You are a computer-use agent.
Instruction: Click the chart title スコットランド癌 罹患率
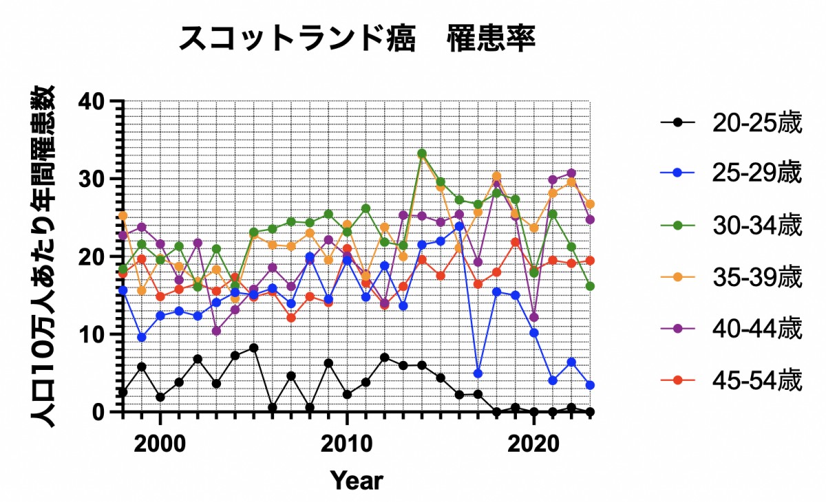pos(357,39)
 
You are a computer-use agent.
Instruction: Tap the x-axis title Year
pos(356,479)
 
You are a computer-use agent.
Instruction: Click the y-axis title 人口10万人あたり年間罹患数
pos(46,257)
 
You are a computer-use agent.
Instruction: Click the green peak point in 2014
pos(422,153)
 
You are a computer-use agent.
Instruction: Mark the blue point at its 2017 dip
pos(478,373)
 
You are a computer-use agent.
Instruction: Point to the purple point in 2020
pos(533,318)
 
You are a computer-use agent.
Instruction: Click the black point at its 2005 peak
pos(254,348)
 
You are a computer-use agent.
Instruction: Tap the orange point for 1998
pos(123,216)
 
